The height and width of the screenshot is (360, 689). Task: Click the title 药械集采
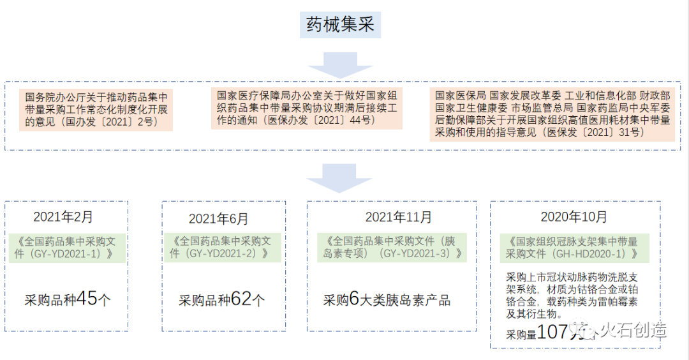[x=341, y=25]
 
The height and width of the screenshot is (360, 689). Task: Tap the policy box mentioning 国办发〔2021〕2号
[x=96, y=110]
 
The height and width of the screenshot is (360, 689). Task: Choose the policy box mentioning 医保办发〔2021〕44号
[x=306, y=108]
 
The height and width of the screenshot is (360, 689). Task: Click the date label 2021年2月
[x=63, y=217]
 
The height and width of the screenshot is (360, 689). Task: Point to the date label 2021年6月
[x=218, y=219]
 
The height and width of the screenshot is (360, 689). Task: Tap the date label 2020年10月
[x=574, y=217]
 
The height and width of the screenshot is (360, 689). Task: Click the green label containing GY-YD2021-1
[x=66, y=247]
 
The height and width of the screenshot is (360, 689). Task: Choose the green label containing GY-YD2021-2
[x=220, y=247]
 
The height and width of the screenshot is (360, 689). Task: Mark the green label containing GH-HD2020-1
[x=572, y=247]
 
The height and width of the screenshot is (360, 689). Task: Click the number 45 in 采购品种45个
[x=87, y=299]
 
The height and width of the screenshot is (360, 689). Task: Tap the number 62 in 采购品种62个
[x=241, y=299]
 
